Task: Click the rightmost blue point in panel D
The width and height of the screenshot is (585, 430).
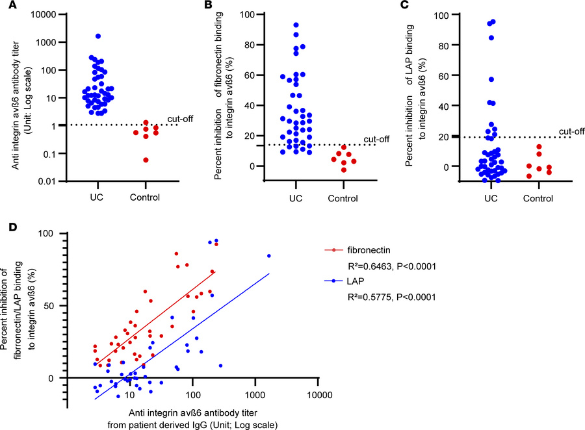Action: click(x=268, y=255)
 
